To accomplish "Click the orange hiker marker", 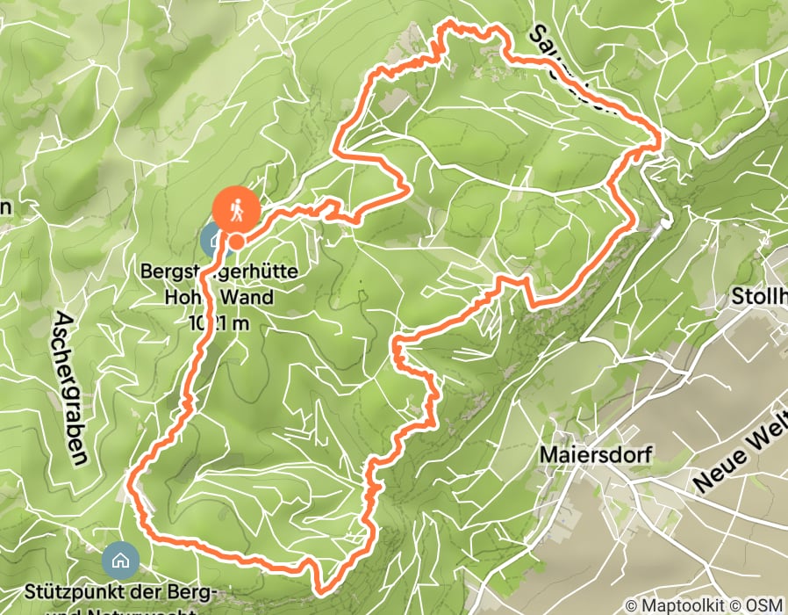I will [x=235, y=211].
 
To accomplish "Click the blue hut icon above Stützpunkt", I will [x=119, y=559].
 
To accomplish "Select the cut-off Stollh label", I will [x=759, y=297].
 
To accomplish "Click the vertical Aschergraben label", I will [x=74, y=387].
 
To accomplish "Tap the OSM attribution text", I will [x=765, y=605].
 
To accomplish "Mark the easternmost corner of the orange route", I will [x=660, y=137].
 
